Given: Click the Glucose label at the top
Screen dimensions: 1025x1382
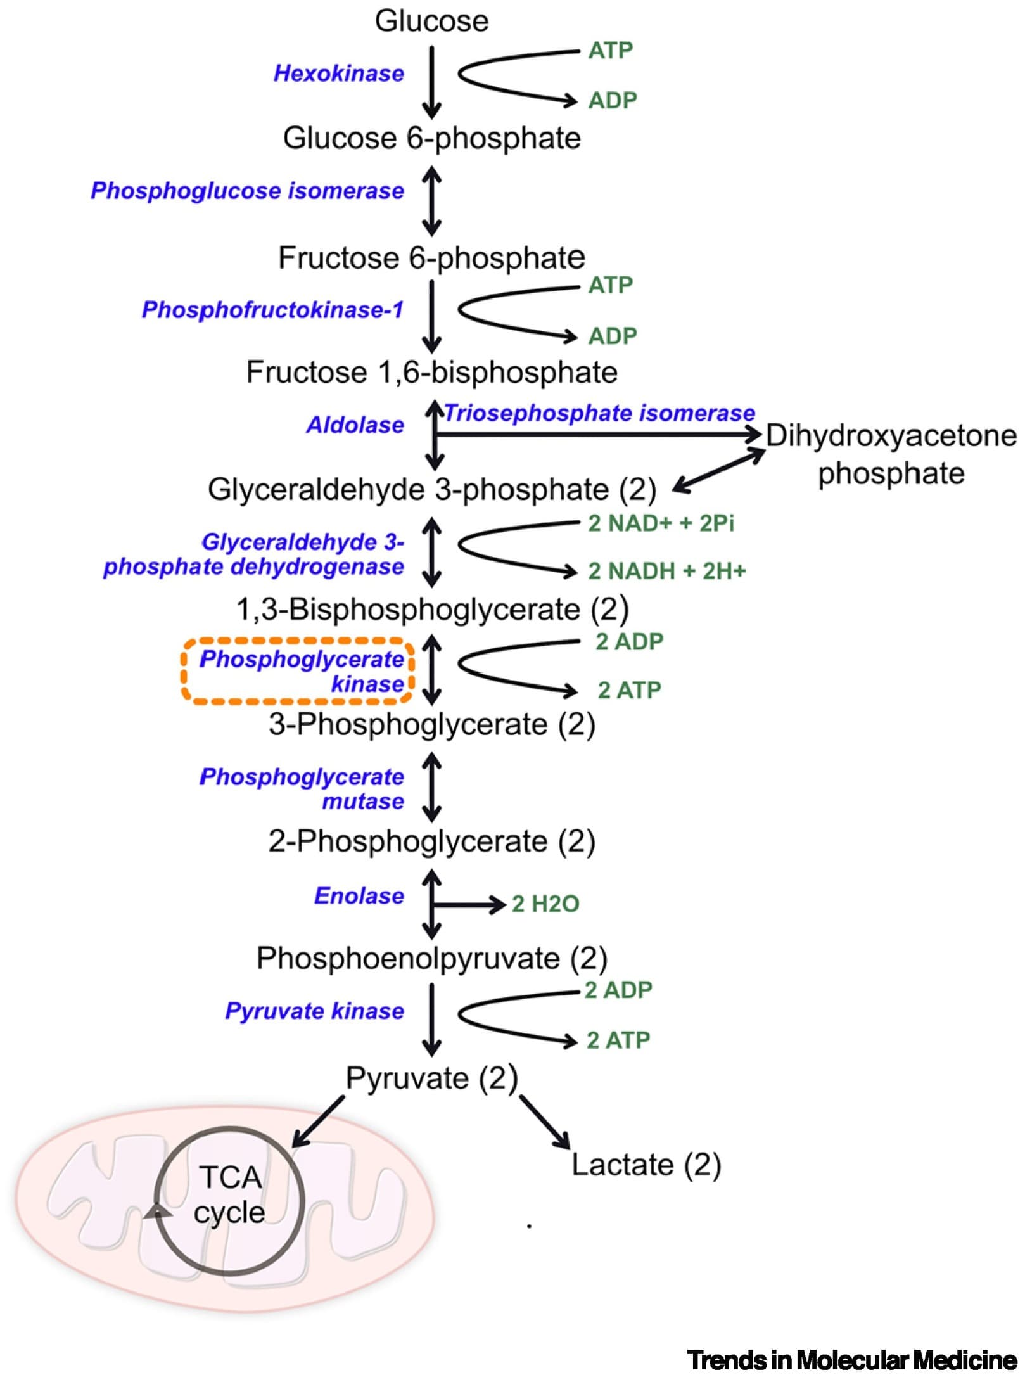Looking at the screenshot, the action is click(x=431, y=21).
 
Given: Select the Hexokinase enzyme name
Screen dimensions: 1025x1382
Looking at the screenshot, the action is click(x=338, y=74).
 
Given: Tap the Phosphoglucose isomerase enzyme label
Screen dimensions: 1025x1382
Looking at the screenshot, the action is click(x=247, y=191).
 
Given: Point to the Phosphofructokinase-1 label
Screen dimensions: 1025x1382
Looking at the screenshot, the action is click(x=272, y=310).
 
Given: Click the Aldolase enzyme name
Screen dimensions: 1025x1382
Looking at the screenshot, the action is click(x=355, y=425).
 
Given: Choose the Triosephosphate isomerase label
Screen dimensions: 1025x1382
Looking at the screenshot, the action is click(x=599, y=413).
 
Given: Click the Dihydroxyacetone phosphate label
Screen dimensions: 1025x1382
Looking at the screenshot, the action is click(x=891, y=454).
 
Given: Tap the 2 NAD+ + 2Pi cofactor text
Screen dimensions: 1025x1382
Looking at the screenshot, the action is click(x=661, y=523).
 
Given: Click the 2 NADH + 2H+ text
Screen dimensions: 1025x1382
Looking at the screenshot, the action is click(x=667, y=571).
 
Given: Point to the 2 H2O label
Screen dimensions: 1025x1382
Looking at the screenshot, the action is click(x=545, y=904).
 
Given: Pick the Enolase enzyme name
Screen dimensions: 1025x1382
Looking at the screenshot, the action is click(x=359, y=896).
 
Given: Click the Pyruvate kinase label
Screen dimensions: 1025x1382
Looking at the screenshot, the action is click(x=314, y=1011).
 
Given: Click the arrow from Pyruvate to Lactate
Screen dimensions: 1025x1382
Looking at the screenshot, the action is click(x=545, y=1122).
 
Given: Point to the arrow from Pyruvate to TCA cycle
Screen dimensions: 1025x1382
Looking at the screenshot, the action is click(x=318, y=1121).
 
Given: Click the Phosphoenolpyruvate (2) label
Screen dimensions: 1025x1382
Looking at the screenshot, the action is click(x=432, y=958).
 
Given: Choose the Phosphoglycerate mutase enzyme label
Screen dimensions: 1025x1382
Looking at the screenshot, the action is click(x=302, y=789).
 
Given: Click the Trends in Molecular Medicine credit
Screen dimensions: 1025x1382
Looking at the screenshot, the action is click(x=852, y=1360).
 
